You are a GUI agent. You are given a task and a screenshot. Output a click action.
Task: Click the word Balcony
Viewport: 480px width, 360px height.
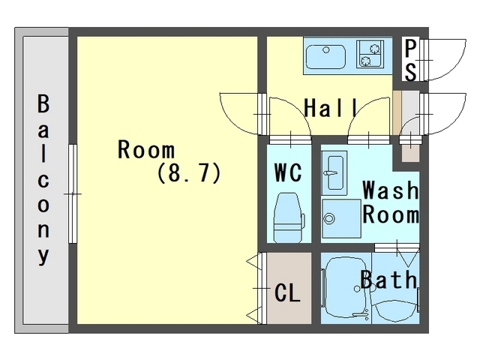click(43, 180)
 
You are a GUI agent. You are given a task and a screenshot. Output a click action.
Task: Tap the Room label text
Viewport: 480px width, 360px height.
click(146, 149)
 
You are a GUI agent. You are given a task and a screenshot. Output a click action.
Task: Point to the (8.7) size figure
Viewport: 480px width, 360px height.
click(189, 172)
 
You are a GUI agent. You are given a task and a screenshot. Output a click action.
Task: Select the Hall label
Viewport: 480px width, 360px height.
click(331, 107)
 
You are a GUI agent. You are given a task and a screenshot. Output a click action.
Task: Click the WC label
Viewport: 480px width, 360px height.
click(288, 172)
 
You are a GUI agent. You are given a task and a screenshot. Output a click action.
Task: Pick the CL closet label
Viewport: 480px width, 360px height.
click(287, 292)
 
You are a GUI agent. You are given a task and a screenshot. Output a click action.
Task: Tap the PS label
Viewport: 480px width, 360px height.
click(410, 60)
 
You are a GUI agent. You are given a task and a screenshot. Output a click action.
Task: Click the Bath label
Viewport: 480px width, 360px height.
click(388, 279)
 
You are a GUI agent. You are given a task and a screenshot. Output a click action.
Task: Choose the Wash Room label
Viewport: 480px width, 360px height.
click(391, 202)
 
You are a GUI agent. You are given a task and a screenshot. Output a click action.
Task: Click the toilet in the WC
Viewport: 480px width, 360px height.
click(289, 217)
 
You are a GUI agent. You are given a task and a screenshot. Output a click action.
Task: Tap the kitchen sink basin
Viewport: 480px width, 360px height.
click(326, 57)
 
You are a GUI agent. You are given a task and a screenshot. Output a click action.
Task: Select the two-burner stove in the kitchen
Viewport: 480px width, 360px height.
click(370, 55)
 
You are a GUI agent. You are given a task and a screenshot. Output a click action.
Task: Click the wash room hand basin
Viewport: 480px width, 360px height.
click(334, 172)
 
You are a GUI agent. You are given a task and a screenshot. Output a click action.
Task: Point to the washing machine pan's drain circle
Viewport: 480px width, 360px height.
click(329, 219)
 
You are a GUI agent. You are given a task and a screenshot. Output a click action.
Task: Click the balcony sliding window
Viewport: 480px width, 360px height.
click(73, 193)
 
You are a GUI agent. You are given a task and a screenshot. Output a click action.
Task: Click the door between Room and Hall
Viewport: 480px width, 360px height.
click(262, 114)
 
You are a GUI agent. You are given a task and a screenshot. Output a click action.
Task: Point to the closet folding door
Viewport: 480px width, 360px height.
click(260, 288)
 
